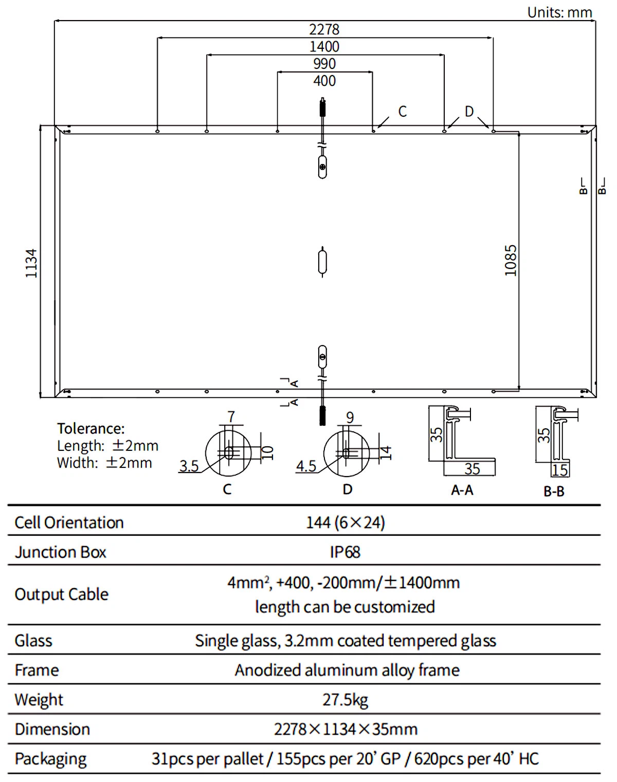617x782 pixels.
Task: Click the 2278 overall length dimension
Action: tap(324, 29)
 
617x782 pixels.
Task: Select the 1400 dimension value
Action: tap(324, 47)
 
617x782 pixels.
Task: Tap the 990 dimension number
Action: tap(324, 64)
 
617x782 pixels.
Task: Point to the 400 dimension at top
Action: tap(324, 81)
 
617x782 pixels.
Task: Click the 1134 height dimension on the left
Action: tap(32, 263)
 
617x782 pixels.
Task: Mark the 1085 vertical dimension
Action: tap(510, 260)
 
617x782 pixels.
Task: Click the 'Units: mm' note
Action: tap(559, 12)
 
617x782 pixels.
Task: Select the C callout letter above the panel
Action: tap(402, 112)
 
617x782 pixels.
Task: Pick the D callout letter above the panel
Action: tap(469, 112)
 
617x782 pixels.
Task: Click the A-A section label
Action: tap(462, 490)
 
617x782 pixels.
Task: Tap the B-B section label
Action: tap(554, 492)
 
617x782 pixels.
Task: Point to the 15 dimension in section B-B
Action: tap(559, 470)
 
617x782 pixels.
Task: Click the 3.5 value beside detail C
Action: tap(189, 466)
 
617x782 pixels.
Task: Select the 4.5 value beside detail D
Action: tap(306, 466)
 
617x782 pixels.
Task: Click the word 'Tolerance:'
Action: tap(90, 428)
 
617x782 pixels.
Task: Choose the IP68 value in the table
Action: tap(344, 552)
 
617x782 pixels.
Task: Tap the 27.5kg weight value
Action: tap(345, 700)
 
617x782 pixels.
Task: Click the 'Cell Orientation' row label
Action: tap(69, 522)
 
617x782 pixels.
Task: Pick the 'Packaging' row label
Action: tap(50, 759)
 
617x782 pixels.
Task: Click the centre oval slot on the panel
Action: tap(322, 262)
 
